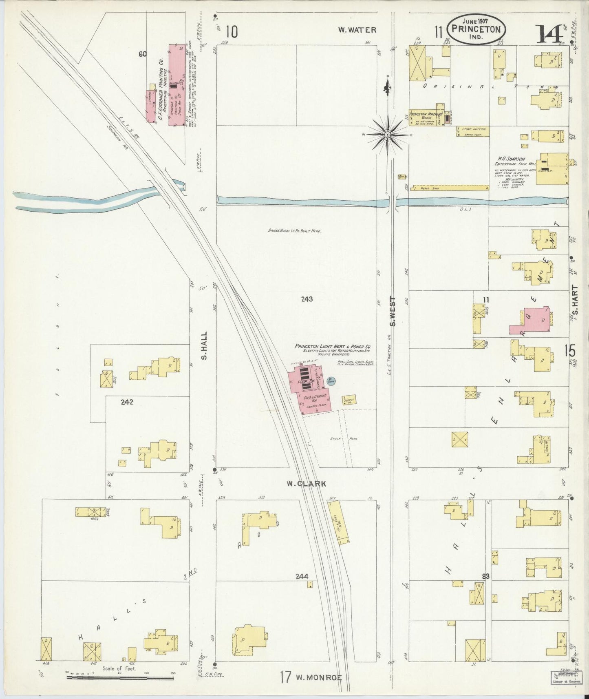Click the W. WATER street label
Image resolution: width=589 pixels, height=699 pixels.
(357, 30)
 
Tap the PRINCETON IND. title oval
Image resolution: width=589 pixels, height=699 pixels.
(476, 29)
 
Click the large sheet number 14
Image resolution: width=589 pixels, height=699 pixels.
(549, 34)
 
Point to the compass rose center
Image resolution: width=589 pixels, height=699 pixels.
(388, 134)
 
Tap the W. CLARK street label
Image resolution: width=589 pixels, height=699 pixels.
(306, 484)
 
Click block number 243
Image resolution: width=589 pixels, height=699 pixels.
(307, 299)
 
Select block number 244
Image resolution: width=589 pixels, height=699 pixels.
(302, 576)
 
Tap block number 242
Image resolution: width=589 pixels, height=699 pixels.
(127, 402)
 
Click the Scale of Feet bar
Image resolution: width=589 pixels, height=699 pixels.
(120, 677)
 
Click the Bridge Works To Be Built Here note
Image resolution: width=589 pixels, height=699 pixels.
(294, 230)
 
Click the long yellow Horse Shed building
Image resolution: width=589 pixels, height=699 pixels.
(450, 188)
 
